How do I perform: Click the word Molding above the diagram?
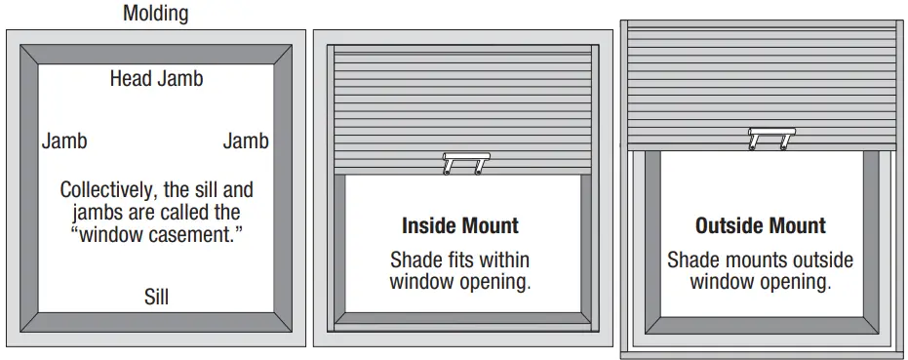(156, 14)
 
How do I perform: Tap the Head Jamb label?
(156, 79)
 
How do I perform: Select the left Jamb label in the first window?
(64, 140)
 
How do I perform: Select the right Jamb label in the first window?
(246, 140)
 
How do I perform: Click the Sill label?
(156, 296)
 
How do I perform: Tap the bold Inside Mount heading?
(460, 226)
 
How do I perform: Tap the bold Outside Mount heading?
(761, 226)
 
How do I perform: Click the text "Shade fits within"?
(460, 260)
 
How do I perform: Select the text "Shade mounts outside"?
(761, 260)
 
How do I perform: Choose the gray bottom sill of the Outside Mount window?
(761, 325)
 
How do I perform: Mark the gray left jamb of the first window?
(27, 185)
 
